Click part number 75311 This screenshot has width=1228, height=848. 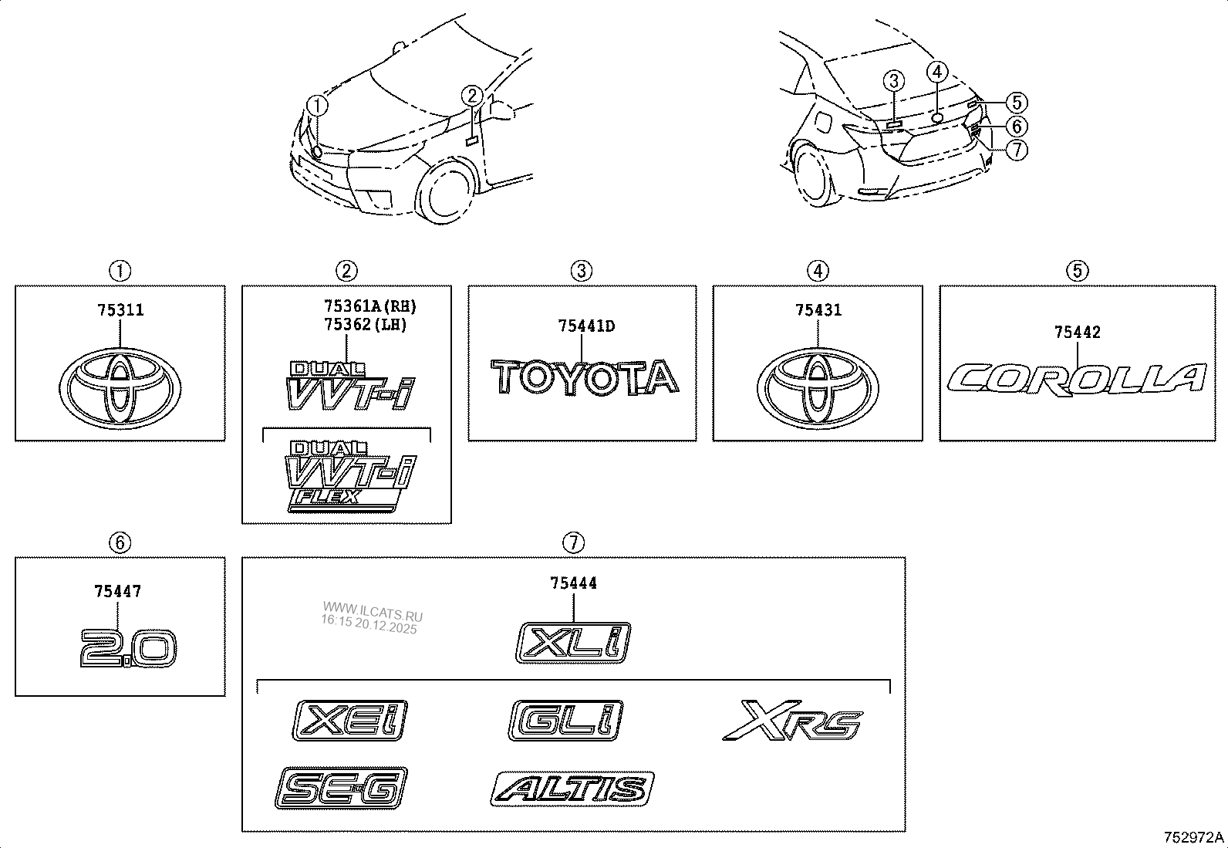click(x=120, y=310)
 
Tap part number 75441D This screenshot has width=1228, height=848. click(x=586, y=326)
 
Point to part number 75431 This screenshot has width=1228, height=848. click(x=818, y=310)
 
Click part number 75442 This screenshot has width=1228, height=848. click(x=1078, y=333)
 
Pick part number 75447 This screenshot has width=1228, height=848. click(x=118, y=592)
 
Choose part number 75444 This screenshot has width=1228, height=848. click(x=573, y=583)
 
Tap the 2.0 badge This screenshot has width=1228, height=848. click(x=129, y=648)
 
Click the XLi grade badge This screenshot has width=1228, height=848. click(x=572, y=643)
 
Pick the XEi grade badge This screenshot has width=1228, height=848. click(x=349, y=721)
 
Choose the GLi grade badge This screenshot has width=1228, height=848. click(x=565, y=721)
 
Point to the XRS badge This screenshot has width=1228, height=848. click(x=792, y=721)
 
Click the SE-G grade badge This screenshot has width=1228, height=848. click(x=343, y=788)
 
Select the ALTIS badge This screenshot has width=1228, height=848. click(x=572, y=789)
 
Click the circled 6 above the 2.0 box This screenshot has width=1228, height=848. click(x=120, y=543)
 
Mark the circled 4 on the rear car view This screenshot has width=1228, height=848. click(x=936, y=72)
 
